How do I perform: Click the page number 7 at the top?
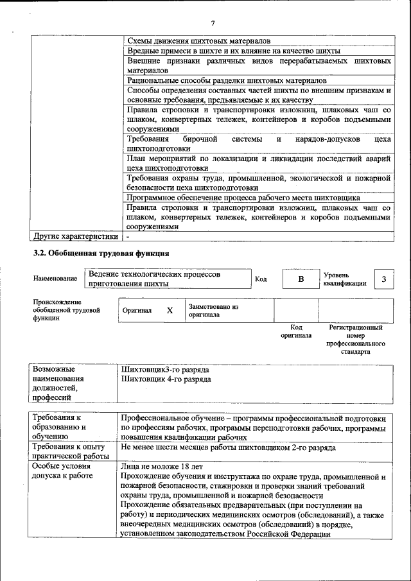[213, 24]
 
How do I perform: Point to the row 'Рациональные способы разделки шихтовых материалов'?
[227, 81]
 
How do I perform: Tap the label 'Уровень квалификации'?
[345, 279]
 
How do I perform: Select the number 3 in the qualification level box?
[383, 279]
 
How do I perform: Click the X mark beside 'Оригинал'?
[170, 311]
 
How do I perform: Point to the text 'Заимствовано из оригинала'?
[213, 311]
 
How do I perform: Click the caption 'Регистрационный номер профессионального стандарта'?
[355, 340]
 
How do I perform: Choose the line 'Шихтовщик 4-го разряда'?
[166, 379]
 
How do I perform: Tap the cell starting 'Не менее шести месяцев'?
[227, 447]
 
